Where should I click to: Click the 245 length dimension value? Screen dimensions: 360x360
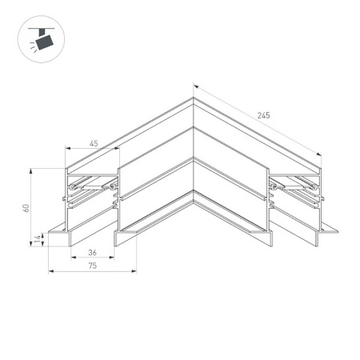point(264,116)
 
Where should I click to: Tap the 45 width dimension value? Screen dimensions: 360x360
point(94,143)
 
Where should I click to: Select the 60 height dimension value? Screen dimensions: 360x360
point(26,208)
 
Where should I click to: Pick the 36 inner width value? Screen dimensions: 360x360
point(94,253)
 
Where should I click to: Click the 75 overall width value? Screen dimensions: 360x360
point(94,266)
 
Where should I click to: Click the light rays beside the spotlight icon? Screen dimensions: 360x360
point(31,48)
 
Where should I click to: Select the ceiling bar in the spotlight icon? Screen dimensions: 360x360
point(37,29)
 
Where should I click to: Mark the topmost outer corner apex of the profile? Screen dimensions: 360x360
point(193,98)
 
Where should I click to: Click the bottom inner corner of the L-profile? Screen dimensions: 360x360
point(193,210)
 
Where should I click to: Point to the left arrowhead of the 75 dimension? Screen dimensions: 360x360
point(51,271)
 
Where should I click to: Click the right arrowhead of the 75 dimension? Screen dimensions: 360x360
point(137,271)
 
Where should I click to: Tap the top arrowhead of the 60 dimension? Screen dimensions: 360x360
point(31,170)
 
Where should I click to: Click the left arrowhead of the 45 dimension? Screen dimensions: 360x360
point(67,149)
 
